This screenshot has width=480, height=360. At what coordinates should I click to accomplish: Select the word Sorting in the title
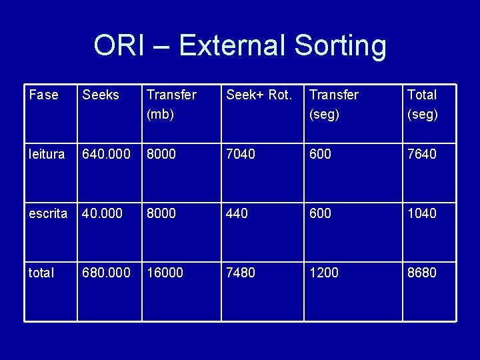click(x=340, y=47)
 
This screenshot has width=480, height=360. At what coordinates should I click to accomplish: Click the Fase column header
click(x=43, y=95)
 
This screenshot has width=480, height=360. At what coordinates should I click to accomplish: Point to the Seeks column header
click(x=101, y=95)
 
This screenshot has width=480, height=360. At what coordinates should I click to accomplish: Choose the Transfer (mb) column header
click(x=171, y=104)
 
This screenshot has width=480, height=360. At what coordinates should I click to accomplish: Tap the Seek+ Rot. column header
click(x=259, y=95)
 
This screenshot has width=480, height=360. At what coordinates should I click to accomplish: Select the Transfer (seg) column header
click(x=334, y=104)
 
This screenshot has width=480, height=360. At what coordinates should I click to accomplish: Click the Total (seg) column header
click(x=423, y=104)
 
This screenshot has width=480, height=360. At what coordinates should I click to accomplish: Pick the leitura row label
click(x=47, y=154)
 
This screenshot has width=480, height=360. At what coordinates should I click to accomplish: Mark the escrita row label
click(x=48, y=213)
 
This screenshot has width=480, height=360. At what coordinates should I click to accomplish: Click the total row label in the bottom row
click(x=41, y=272)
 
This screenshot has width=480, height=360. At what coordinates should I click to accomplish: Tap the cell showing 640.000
click(x=107, y=154)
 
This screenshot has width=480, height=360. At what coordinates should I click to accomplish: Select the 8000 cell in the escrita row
click(x=161, y=213)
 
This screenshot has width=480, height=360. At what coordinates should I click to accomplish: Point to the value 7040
click(x=241, y=154)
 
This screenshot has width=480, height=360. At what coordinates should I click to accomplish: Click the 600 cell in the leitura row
click(x=320, y=154)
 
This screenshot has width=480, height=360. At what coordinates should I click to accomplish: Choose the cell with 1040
click(x=422, y=213)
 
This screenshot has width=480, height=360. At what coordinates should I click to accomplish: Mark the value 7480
click(x=241, y=272)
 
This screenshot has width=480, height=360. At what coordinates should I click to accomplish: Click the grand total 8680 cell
click(x=422, y=272)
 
